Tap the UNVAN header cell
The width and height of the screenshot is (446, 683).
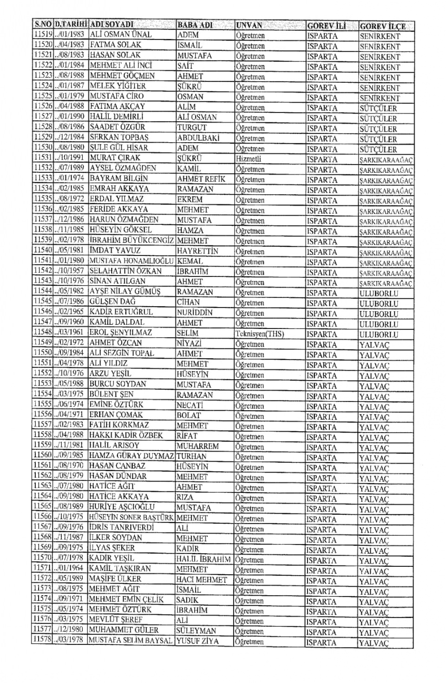click(x=249, y=26)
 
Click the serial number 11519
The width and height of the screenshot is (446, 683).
click(x=42, y=35)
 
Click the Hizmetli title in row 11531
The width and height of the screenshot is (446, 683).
click(x=249, y=159)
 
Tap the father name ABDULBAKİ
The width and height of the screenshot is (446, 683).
click(x=198, y=138)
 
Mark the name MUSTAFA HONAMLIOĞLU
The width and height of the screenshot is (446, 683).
click(x=131, y=261)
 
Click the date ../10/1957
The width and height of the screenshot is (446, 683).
click(x=69, y=271)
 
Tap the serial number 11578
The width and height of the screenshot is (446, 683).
click(x=42, y=640)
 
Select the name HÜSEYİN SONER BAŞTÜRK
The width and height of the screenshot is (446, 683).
click(x=131, y=518)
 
